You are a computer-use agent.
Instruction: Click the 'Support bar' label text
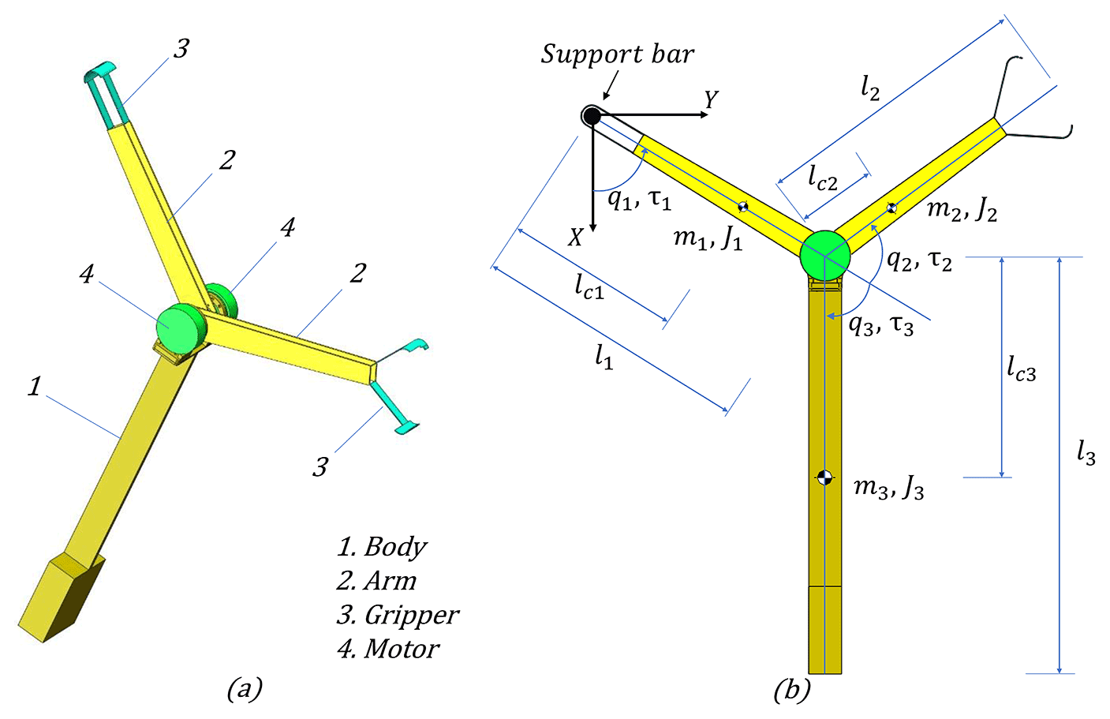(617, 54)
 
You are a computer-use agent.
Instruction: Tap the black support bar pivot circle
(592, 116)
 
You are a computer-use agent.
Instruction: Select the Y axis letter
(711, 100)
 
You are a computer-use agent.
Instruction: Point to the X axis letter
(575, 237)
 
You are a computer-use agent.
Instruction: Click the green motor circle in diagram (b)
(825, 256)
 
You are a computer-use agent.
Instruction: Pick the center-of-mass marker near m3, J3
(824, 477)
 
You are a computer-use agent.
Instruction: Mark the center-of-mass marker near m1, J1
(742, 207)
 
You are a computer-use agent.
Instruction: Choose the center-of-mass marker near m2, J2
(891, 208)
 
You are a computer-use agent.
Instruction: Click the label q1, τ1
(639, 199)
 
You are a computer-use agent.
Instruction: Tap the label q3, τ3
(881, 324)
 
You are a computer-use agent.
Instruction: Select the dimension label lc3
(1021, 368)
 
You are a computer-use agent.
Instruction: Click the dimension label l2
(869, 88)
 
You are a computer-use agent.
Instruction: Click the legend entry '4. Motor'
(388, 649)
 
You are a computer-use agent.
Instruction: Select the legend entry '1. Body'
(383, 546)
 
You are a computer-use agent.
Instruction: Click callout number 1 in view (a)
(34, 386)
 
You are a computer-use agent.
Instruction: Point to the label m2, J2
(962, 210)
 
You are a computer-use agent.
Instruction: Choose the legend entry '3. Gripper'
(398, 614)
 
